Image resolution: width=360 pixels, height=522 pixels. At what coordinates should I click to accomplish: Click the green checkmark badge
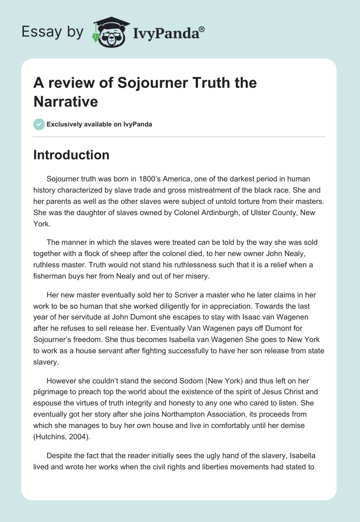(x=39, y=124)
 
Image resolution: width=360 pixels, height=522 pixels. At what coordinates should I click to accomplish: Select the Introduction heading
(x=71, y=155)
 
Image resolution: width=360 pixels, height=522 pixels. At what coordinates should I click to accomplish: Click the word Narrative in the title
(x=66, y=101)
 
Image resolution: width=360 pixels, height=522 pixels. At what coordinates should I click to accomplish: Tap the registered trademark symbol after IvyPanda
(x=202, y=28)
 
